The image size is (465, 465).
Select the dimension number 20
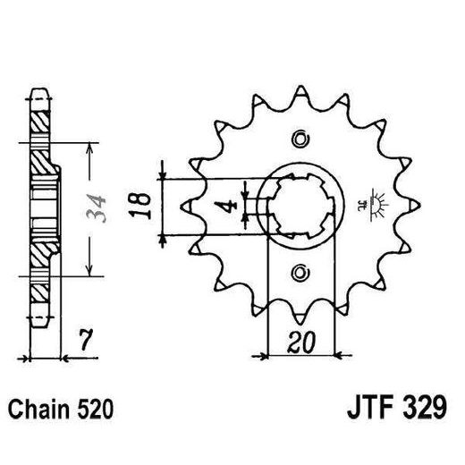(x=301, y=342)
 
